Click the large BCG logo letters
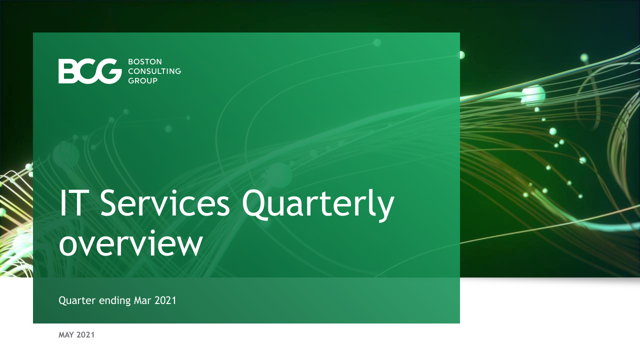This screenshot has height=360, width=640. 90,71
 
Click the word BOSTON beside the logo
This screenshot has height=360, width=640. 145,61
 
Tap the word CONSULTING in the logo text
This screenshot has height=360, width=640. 154,71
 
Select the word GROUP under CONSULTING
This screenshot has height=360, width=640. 142,81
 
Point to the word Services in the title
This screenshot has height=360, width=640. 165,203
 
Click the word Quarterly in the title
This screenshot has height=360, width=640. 318,205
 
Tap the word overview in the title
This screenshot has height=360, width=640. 131,243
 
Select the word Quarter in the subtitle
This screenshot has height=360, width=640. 77,300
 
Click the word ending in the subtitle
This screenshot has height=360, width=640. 115,301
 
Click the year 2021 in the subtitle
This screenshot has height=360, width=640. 165,300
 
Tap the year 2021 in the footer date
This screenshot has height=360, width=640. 85,335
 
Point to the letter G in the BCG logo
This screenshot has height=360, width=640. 109,71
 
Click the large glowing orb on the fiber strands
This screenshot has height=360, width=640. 533,94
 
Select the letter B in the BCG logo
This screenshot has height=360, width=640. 68,71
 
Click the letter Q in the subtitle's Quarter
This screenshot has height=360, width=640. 62,301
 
